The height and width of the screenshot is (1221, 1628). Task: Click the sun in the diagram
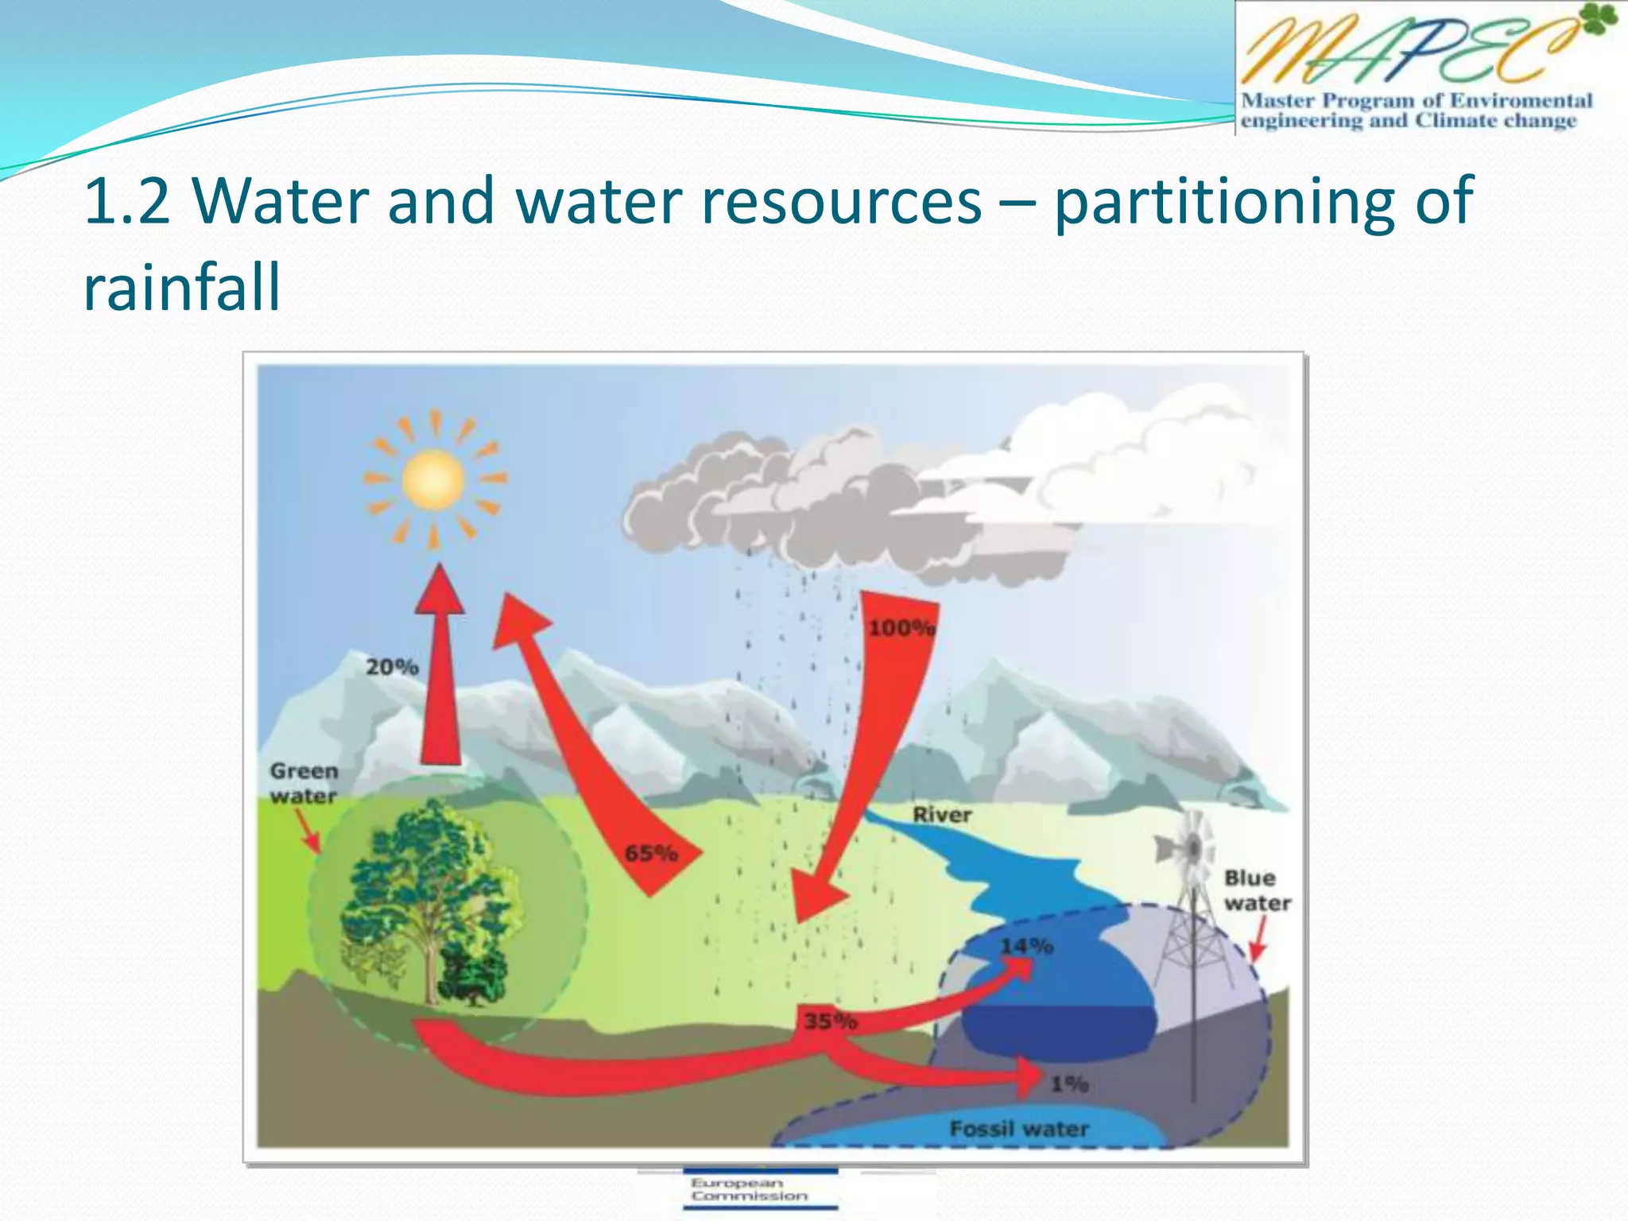[x=433, y=479]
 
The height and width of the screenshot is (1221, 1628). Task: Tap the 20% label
[x=392, y=667]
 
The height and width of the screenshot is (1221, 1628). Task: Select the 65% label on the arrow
[x=651, y=854]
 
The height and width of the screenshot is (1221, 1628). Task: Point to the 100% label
[x=901, y=628]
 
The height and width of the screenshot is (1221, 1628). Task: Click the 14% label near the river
[x=1026, y=946]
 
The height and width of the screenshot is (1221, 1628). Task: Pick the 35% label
[x=830, y=1021]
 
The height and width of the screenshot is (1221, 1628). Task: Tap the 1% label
[x=1069, y=1083]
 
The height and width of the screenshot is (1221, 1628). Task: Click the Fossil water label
[x=1019, y=1129]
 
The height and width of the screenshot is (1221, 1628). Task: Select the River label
[x=942, y=815]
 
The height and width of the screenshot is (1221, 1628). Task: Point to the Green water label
[x=304, y=783]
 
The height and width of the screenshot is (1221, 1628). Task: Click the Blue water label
[x=1257, y=890]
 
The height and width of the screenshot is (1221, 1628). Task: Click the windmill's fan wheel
[x=1190, y=849]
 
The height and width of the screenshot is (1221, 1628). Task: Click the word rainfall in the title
[x=182, y=288]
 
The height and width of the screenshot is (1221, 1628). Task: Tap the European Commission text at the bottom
[x=749, y=1189]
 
